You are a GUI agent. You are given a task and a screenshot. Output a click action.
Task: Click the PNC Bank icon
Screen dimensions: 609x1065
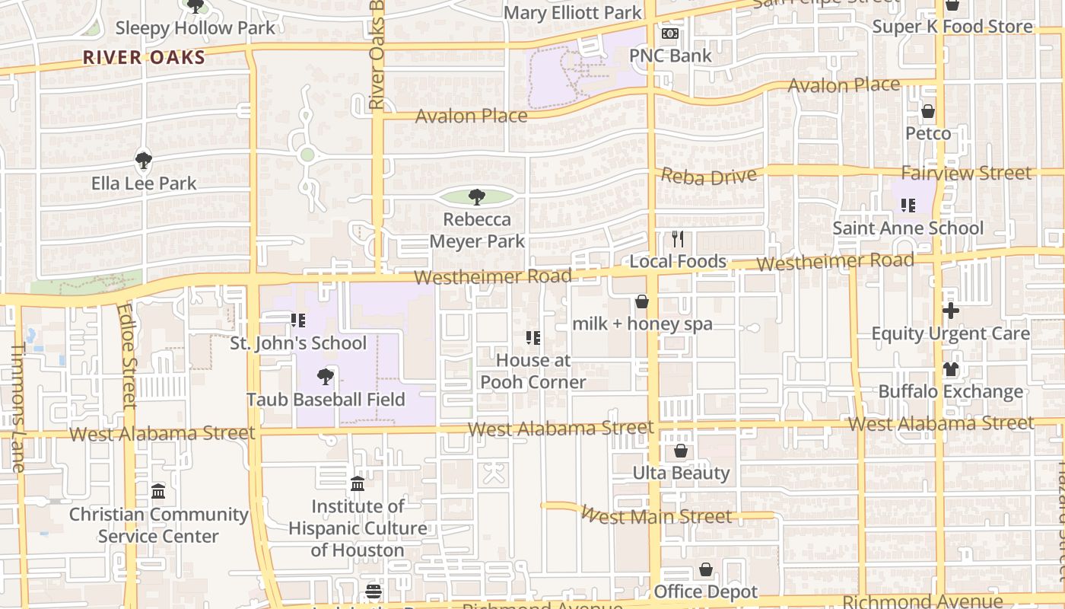[x=670, y=33]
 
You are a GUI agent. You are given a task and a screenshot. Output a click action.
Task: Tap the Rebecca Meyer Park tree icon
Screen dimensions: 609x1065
[x=477, y=197]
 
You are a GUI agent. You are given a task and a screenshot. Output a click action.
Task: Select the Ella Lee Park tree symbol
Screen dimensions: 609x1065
[x=144, y=161]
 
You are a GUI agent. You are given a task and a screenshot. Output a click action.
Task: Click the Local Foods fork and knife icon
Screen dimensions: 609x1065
[x=678, y=239]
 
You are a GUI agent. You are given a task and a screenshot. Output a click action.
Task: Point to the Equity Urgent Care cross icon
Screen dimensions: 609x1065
[x=950, y=311]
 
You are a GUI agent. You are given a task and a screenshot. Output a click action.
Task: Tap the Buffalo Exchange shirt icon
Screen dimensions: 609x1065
[x=950, y=369]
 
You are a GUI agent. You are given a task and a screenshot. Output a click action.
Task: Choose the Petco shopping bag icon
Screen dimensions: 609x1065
[x=928, y=112]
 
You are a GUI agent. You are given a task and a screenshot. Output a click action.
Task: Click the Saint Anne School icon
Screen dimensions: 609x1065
[x=908, y=205]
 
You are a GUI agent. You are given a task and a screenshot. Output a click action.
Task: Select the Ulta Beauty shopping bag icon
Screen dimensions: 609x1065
[x=681, y=451]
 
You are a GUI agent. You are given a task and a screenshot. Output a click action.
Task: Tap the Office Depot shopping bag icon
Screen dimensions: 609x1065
[x=706, y=569]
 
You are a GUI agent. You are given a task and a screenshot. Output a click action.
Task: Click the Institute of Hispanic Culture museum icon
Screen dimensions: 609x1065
[x=358, y=483]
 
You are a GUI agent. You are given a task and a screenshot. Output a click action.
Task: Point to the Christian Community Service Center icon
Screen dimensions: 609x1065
[x=158, y=491]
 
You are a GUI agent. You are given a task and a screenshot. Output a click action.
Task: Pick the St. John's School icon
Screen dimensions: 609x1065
[x=298, y=320]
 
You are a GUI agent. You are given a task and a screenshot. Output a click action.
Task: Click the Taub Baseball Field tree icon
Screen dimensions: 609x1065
[x=326, y=376]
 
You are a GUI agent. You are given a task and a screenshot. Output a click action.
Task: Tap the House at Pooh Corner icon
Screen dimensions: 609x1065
[x=533, y=337]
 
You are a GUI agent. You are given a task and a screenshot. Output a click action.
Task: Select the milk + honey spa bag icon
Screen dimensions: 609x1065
[x=642, y=301]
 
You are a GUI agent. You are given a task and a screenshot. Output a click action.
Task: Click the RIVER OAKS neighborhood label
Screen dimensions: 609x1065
[x=144, y=57]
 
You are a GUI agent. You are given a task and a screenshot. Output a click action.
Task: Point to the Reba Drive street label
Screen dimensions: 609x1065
[x=709, y=176]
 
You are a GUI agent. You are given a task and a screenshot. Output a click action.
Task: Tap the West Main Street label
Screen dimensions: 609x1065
[x=656, y=516]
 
